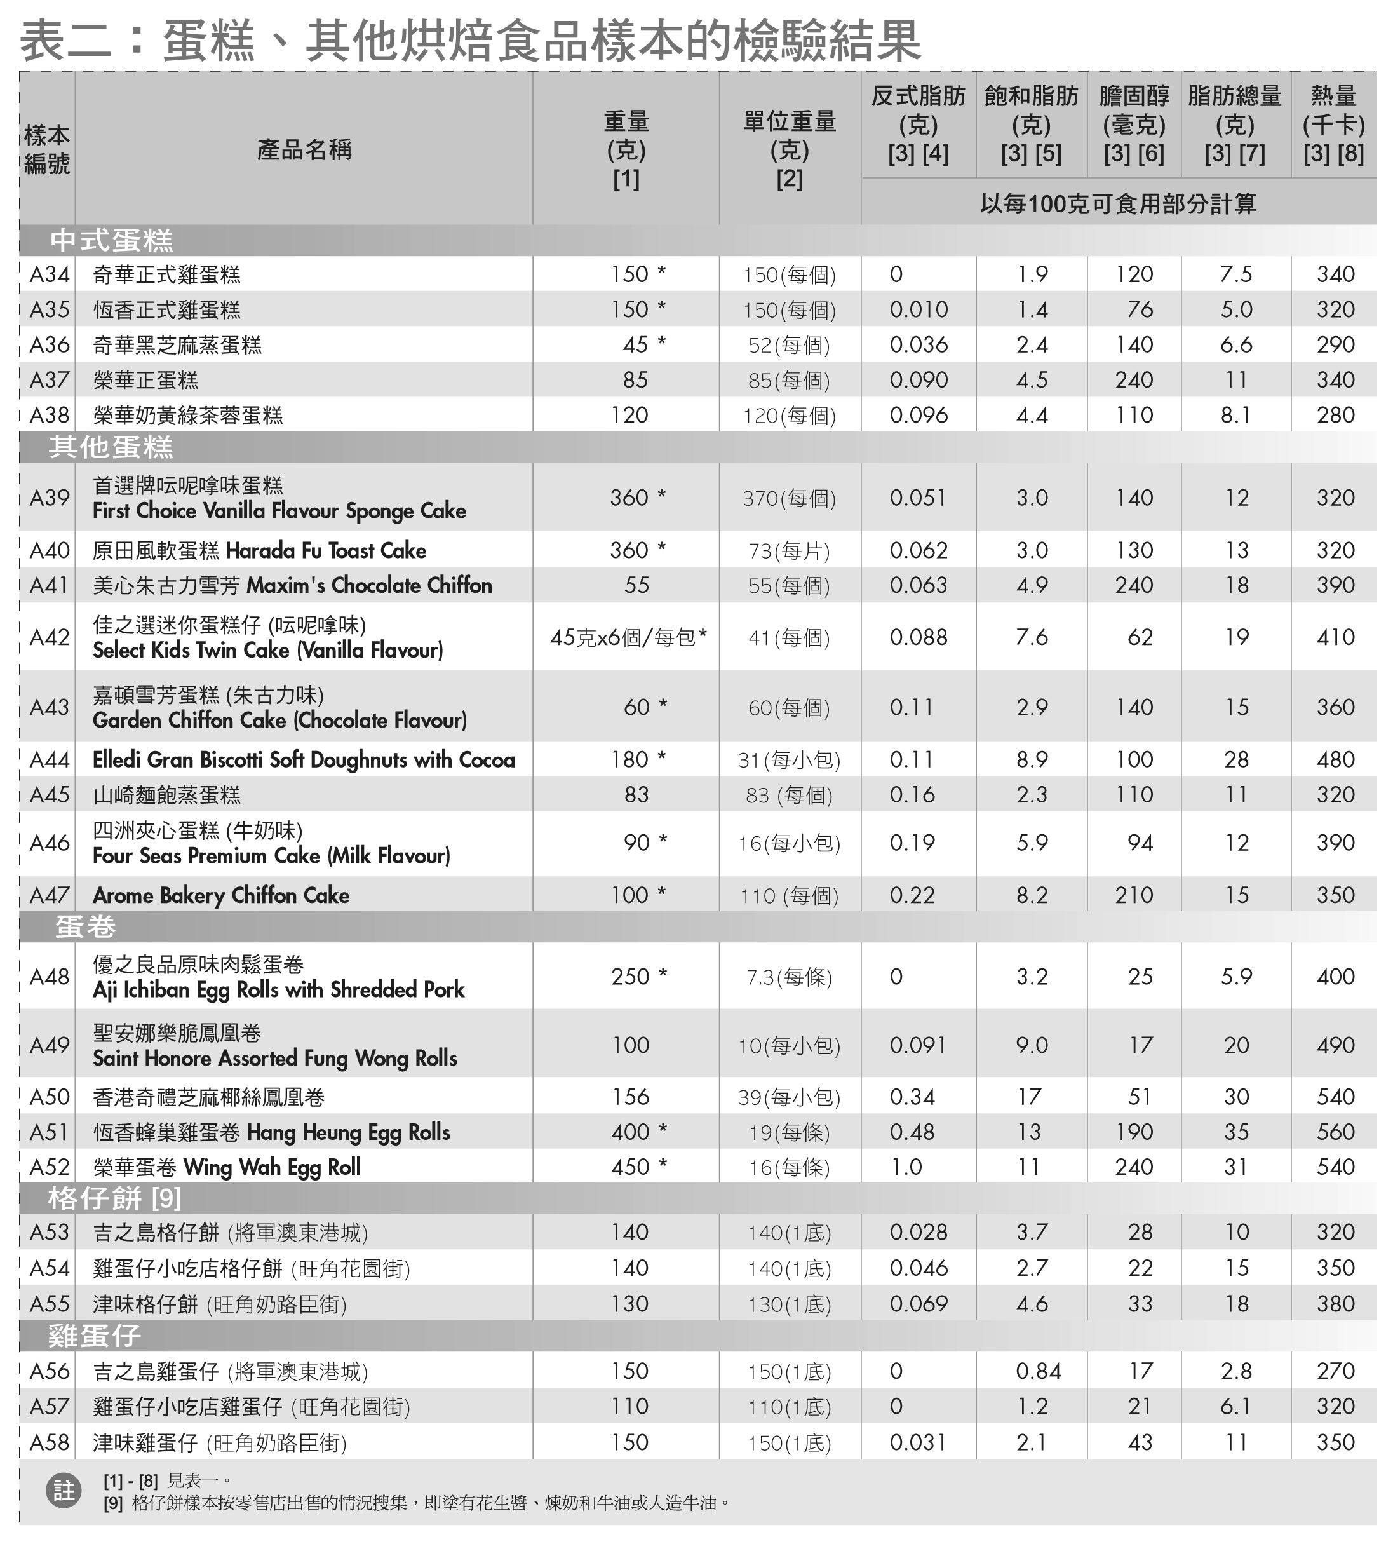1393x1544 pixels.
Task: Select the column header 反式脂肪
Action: coord(918,97)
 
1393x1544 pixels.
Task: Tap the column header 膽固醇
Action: coord(1134,97)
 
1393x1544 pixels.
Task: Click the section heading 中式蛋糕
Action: coord(112,241)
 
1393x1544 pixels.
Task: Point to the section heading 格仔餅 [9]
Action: coord(114,1198)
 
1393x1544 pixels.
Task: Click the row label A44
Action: coord(49,759)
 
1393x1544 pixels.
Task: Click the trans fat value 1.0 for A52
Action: coord(906,1167)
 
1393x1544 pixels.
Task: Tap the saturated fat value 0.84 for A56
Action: coord(1038,1371)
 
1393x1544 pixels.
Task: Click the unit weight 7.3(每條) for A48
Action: coord(789,977)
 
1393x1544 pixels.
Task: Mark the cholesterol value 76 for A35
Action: coord(1140,310)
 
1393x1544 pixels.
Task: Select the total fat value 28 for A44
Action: coord(1235,759)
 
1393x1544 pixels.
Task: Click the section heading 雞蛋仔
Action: coord(94,1336)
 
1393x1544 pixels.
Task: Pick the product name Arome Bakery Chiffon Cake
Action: coord(221,895)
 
